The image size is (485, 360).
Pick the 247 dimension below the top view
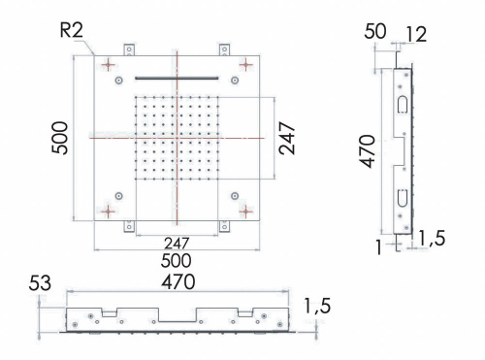[176, 244]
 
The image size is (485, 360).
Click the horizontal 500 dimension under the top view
[176, 260]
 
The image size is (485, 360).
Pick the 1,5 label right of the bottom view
[317, 306]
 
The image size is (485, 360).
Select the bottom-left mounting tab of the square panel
[129, 227]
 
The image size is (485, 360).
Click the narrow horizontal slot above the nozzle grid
[176, 78]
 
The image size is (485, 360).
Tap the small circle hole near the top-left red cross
[119, 81]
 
